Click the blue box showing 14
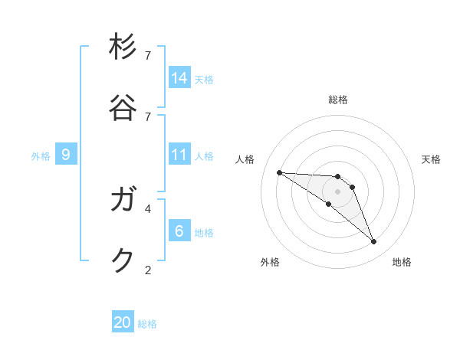coord(179,77)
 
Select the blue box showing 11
coord(179,155)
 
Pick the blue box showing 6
coord(179,231)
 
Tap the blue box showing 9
coord(66,155)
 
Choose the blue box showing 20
coord(123,322)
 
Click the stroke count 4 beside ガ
coord(148,208)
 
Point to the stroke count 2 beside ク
coord(148,270)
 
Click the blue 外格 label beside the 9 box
coord(41,156)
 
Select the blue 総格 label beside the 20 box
coord(147,324)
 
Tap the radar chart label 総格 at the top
coord(338,100)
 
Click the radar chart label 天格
coord(431,159)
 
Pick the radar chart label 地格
coord(402,262)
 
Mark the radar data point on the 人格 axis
coord(279,172)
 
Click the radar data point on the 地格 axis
coord(373,242)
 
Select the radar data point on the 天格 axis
coord(352,187)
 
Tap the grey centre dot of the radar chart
coord(337,191)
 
